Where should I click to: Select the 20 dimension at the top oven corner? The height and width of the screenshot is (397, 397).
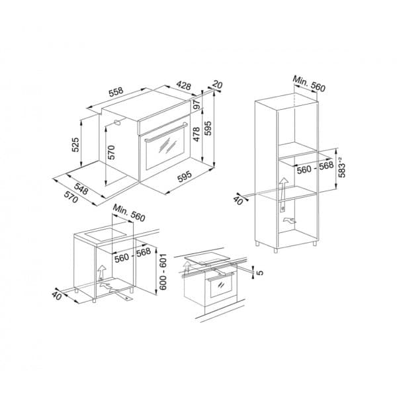(x=218, y=85)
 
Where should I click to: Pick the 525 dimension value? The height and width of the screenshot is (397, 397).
(x=77, y=145)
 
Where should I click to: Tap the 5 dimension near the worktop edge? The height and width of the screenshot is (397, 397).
(x=261, y=271)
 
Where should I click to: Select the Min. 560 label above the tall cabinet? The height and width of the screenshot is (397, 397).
(x=311, y=84)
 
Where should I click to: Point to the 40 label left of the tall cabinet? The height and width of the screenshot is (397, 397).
(x=238, y=198)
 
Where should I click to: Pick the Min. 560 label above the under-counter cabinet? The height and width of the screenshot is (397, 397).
(x=128, y=214)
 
